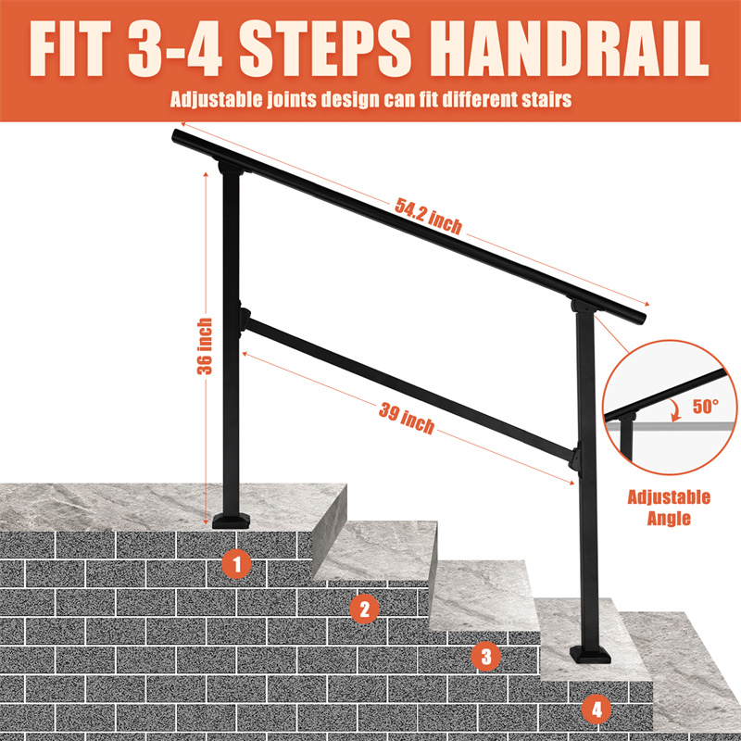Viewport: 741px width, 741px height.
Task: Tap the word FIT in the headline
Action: click(70, 48)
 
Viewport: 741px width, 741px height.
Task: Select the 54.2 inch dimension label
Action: click(428, 217)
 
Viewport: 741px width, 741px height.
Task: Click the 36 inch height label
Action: click(205, 345)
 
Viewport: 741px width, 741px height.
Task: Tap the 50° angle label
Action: click(706, 407)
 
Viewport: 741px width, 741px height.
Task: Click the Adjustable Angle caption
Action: click(669, 508)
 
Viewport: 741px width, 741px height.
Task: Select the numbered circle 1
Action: click(237, 564)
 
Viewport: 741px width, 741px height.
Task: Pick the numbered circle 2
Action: click(364, 609)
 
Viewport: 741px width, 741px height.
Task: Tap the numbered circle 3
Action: click(486, 656)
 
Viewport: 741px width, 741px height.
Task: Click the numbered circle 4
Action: click(597, 709)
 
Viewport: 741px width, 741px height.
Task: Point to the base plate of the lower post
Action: click(590, 655)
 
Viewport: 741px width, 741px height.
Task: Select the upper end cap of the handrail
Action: click(177, 136)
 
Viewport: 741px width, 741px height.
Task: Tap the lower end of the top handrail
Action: click(640, 317)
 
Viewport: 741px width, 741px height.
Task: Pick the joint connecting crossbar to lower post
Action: click(574, 456)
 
